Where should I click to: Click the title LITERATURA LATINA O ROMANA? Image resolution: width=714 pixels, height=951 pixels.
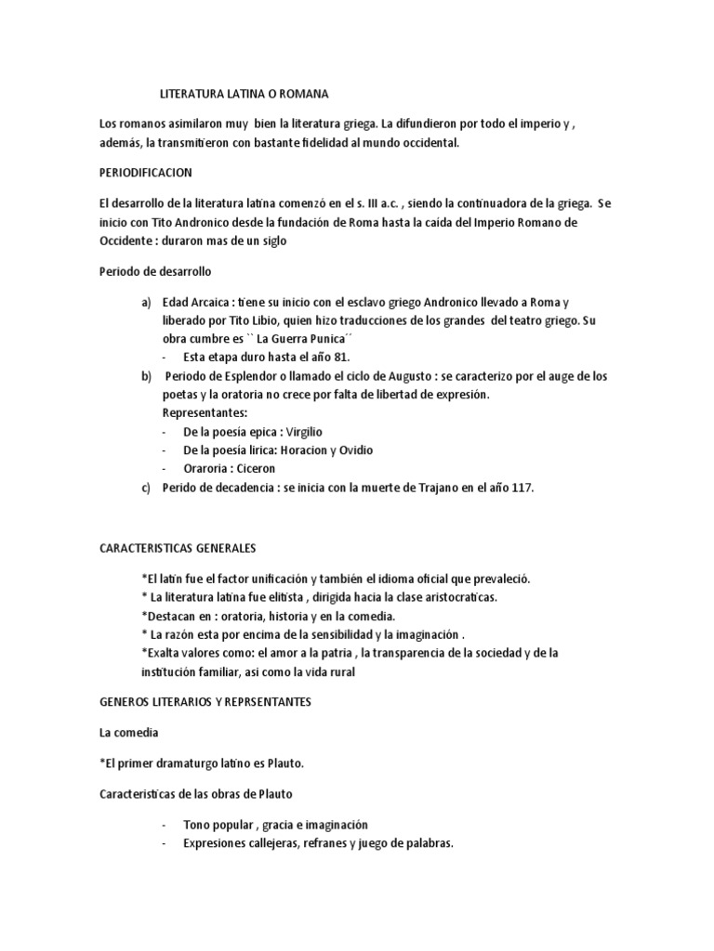click(245, 94)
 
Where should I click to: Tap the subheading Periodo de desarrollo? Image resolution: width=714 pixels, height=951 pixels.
click(155, 272)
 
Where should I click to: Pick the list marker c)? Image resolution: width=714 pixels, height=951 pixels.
click(146, 487)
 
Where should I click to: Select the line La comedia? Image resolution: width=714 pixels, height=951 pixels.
click(129, 733)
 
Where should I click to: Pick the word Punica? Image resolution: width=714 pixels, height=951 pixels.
click(283, 338)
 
